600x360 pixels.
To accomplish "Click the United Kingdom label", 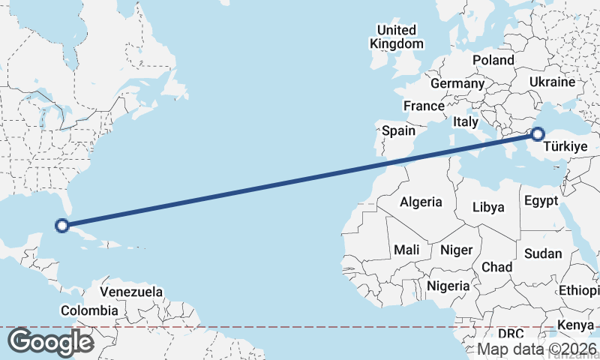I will (397, 37).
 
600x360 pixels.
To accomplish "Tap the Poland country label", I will (493, 60).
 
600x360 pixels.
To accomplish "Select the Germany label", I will (457, 83).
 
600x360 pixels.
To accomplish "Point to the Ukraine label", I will (552, 82).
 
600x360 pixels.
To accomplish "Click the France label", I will (424, 106).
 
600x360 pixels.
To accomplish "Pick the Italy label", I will (466, 121).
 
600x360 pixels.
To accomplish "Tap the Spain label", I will (398, 130).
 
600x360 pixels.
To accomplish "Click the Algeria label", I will (421, 202).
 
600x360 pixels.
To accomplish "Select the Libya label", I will (487, 207).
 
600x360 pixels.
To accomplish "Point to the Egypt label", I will (541, 201).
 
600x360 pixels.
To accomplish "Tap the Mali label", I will (406, 250).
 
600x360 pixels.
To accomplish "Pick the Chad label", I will (496, 267).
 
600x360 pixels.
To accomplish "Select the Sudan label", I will (543, 253).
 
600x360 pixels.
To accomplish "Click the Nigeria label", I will (448, 286).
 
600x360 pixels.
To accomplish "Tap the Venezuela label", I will (131, 291).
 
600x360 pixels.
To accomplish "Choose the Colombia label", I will (89, 310).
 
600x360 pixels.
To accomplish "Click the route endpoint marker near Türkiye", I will (537, 135).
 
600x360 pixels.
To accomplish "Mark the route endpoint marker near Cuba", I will (63, 224).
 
